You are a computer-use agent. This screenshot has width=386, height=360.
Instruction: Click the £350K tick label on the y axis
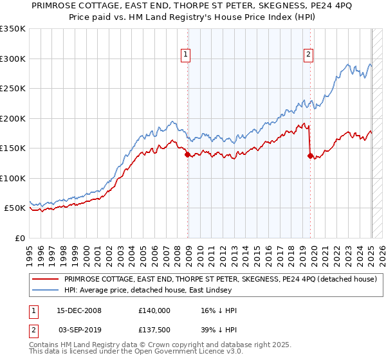(x=13, y=29)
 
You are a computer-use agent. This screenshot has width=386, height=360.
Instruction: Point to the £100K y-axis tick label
(x=13, y=178)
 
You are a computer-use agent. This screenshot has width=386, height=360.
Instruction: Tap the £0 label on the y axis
(x=20, y=238)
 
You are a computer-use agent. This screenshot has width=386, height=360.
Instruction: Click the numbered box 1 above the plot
(x=185, y=55)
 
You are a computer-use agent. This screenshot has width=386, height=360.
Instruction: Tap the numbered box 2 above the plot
(x=309, y=55)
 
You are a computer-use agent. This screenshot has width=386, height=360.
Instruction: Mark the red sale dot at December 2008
(x=187, y=154)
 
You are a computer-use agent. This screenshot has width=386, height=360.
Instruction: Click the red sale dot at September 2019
(x=310, y=156)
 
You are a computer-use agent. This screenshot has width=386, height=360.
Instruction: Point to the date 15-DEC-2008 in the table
(x=80, y=310)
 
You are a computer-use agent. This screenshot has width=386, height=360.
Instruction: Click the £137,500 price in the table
(x=154, y=329)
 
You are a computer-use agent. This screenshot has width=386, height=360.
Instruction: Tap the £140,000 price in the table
(x=154, y=310)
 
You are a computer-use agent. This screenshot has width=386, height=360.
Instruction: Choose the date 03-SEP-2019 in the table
(x=80, y=329)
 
